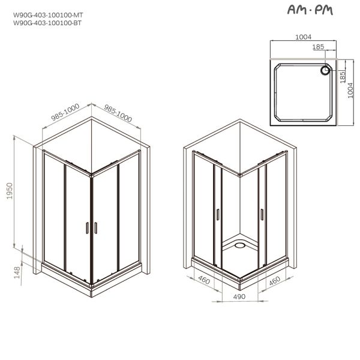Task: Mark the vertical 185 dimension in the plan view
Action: click(x=342, y=77)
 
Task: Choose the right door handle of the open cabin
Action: click(x=262, y=212)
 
